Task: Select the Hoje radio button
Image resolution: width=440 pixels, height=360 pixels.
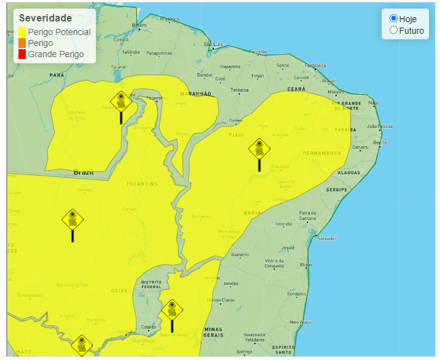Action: (x=394, y=18)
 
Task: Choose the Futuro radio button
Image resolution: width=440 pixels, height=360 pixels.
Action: (x=394, y=30)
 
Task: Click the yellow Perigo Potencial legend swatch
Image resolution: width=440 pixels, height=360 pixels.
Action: (x=22, y=32)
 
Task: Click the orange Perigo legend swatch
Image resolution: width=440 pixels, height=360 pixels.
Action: (x=22, y=43)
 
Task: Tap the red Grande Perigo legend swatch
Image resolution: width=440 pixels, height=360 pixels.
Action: (x=22, y=54)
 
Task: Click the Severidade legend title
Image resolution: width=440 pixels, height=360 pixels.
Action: (x=45, y=18)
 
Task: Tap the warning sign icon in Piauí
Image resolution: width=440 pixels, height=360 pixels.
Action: (x=259, y=150)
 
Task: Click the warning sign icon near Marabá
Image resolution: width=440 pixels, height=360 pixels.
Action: (x=121, y=101)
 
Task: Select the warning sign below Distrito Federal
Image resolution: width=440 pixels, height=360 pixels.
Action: (x=172, y=310)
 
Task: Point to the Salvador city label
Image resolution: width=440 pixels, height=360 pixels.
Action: (x=326, y=238)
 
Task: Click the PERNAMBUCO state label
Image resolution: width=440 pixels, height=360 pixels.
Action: (x=321, y=152)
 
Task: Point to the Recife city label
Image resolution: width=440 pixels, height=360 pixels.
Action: (x=380, y=142)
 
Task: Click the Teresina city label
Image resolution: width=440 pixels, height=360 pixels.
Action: (x=239, y=90)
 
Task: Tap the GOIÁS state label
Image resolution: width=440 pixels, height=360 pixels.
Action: (x=119, y=290)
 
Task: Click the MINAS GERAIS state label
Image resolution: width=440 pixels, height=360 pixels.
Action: (x=213, y=332)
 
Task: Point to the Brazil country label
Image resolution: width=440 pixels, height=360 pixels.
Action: (x=84, y=172)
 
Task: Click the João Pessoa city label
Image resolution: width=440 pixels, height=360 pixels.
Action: (x=379, y=126)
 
